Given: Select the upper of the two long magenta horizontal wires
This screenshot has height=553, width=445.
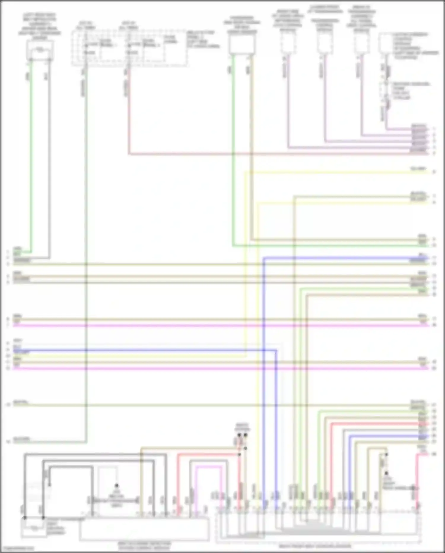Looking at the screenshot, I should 208,325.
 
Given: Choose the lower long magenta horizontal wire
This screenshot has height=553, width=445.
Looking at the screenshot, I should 208,368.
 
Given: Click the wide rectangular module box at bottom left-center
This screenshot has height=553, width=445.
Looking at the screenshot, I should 144,529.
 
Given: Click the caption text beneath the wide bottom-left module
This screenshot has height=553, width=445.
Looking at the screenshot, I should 144,545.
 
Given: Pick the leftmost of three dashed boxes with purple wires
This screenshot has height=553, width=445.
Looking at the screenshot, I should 288,43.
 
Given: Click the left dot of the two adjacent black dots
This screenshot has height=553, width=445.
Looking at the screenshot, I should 239,435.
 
